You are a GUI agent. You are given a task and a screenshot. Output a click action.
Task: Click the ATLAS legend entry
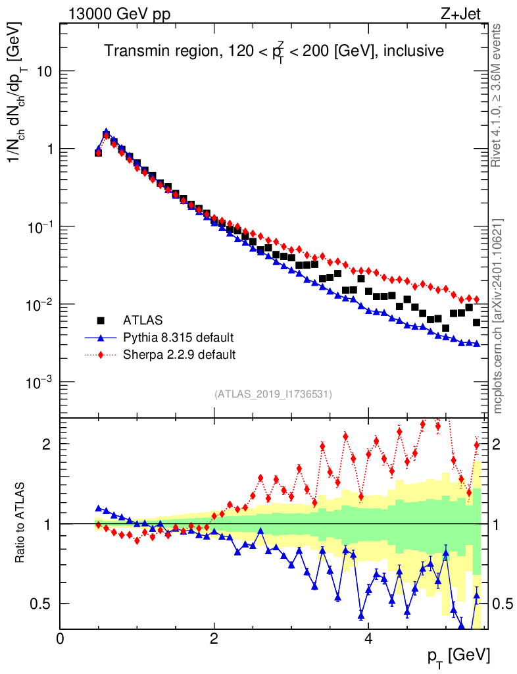[x=141, y=321]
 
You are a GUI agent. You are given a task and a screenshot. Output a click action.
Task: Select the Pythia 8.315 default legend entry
[x=178, y=338]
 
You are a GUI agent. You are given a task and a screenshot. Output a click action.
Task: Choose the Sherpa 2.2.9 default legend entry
[x=180, y=355]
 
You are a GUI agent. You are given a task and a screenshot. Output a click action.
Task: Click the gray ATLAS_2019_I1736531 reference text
[x=273, y=394]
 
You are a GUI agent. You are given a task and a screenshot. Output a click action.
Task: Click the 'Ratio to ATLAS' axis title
[x=22, y=522]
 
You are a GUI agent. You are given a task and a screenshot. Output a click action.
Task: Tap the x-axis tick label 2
[x=214, y=638]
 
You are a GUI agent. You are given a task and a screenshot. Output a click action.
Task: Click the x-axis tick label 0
[x=60, y=638]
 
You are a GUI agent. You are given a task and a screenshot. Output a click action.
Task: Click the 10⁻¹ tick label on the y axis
[x=40, y=227]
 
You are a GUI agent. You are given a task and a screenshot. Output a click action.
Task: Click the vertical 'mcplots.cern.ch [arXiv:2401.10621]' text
[x=498, y=316]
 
